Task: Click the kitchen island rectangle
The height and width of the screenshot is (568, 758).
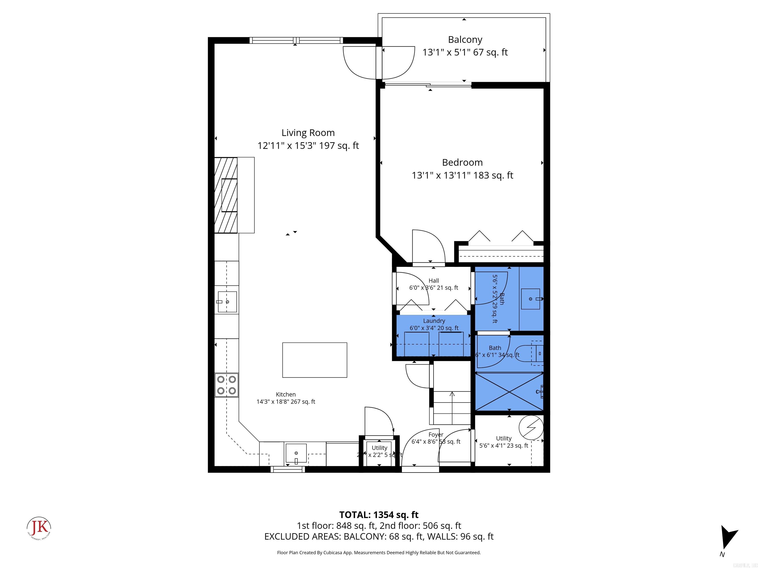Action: pyautogui.click(x=314, y=360)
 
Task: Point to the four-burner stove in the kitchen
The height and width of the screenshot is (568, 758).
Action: pyautogui.click(x=227, y=385)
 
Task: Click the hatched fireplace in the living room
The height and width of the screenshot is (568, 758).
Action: pyautogui.click(x=226, y=195)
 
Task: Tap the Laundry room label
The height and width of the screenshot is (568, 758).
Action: pyautogui.click(x=434, y=321)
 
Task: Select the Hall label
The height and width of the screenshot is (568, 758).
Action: pyautogui.click(x=434, y=280)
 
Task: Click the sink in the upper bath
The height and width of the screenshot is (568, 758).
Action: pyautogui.click(x=531, y=299)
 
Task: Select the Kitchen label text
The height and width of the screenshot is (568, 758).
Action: pyautogui.click(x=285, y=394)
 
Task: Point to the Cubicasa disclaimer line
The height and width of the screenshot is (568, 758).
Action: pyautogui.click(x=379, y=553)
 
